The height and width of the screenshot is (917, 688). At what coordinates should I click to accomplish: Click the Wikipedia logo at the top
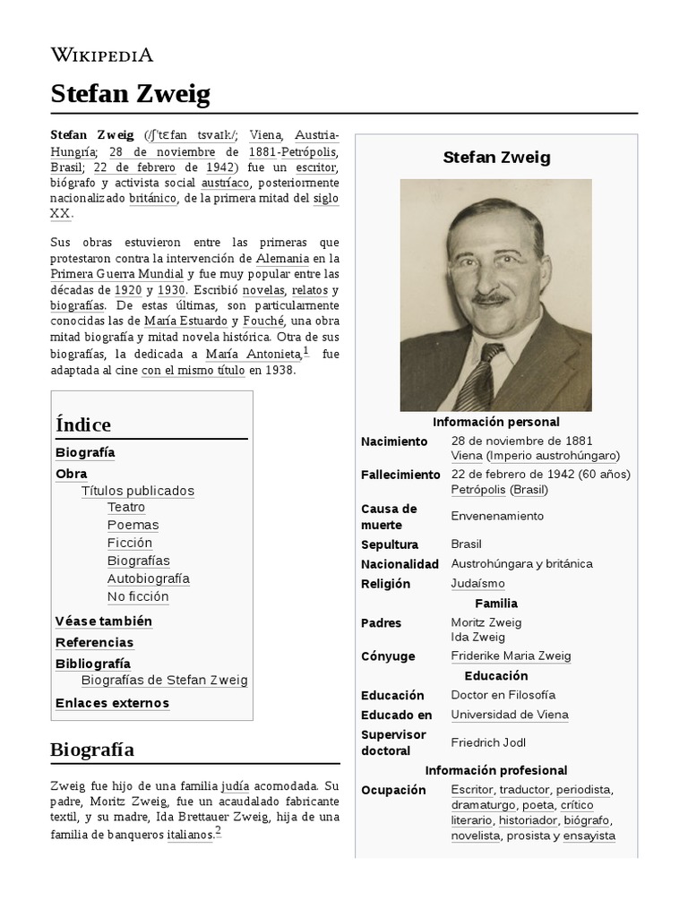tap(101, 55)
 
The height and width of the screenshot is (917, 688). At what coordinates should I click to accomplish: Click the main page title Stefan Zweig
tap(130, 94)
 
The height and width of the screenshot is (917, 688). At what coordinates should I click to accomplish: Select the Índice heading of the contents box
tap(83, 424)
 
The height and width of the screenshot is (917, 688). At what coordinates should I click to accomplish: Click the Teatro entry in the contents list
tap(126, 508)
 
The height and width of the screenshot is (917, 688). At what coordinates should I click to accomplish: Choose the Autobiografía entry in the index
tap(149, 578)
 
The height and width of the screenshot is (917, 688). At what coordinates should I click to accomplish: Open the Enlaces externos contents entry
tap(112, 703)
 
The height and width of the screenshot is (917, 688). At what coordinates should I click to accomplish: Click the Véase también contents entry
tap(104, 621)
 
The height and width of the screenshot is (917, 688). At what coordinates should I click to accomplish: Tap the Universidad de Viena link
tap(510, 715)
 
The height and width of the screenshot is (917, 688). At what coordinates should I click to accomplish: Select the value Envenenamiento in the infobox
tap(497, 516)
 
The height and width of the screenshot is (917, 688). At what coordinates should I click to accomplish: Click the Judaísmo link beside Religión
tap(477, 584)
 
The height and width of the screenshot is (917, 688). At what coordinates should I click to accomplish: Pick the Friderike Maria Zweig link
tap(511, 656)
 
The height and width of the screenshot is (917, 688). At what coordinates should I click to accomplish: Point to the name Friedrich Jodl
tap(488, 742)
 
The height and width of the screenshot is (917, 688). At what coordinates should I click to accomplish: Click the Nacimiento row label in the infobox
tap(394, 441)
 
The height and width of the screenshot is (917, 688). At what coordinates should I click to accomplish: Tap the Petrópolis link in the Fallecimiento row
tap(478, 490)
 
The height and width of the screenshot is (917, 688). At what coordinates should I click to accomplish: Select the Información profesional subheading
tap(496, 770)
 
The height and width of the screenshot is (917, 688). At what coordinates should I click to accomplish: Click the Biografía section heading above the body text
tap(92, 750)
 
